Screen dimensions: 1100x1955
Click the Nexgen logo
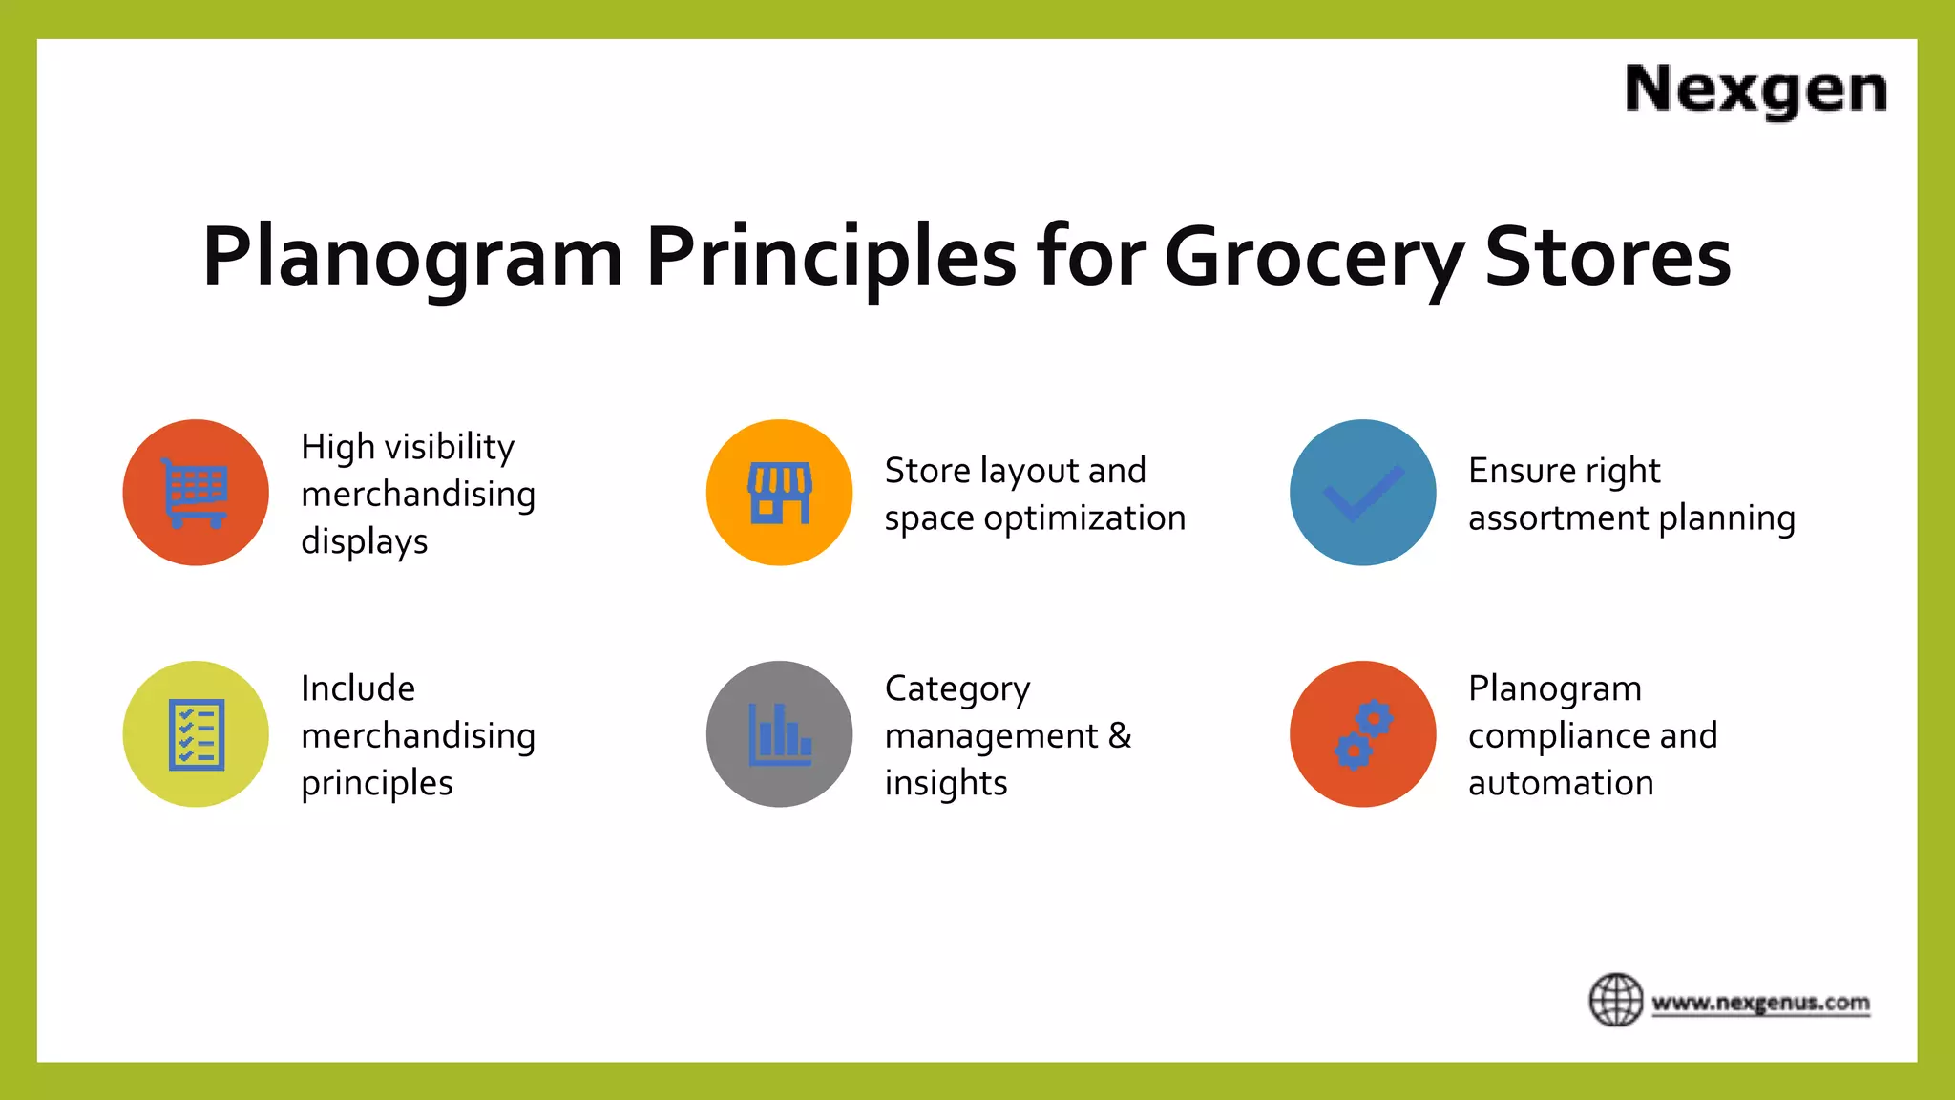(1755, 90)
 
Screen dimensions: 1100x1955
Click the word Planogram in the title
(412, 257)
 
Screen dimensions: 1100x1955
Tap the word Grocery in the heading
(1314, 257)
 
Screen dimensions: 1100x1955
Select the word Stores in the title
(1608, 257)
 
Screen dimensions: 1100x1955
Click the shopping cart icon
(196, 493)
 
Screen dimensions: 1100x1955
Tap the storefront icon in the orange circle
(780, 493)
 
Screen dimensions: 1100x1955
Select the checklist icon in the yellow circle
(196, 734)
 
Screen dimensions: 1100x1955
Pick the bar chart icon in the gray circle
(780, 734)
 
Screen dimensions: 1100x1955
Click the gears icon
(1363, 734)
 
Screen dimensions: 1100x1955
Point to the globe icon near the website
(1615, 1000)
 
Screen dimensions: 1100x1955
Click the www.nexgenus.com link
(1760, 1004)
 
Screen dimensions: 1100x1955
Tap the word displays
(364, 542)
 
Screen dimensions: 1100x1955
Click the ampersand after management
(1120, 735)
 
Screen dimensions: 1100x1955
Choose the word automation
(1560, 783)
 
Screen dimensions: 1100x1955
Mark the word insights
(945, 783)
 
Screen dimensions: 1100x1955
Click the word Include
(358, 688)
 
